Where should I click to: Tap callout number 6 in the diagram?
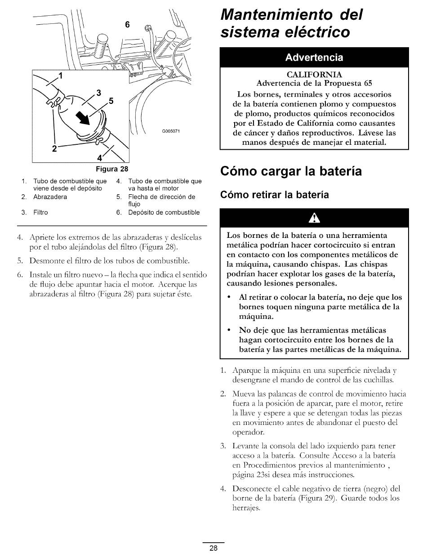click(x=127, y=26)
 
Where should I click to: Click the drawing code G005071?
click(x=170, y=131)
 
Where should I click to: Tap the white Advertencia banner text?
click(x=314, y=58)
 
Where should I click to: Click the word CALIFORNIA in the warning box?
click(x=314, y=74)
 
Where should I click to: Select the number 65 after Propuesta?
click(x=368, y=83)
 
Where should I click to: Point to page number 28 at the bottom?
click(x=213, y=548)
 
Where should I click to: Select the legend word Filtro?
click(x=41, y=212)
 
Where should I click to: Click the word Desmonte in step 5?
click(x=45, y=260)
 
